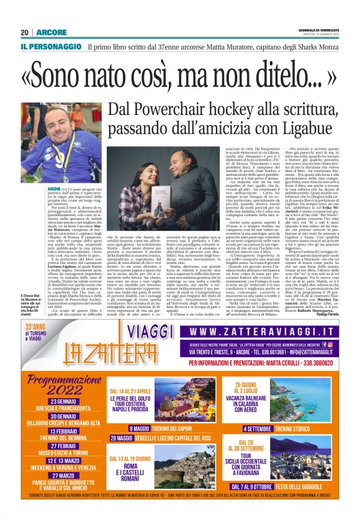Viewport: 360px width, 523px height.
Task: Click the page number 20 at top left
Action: point(25,32)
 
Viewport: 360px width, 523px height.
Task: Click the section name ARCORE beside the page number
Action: point(48,32)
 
